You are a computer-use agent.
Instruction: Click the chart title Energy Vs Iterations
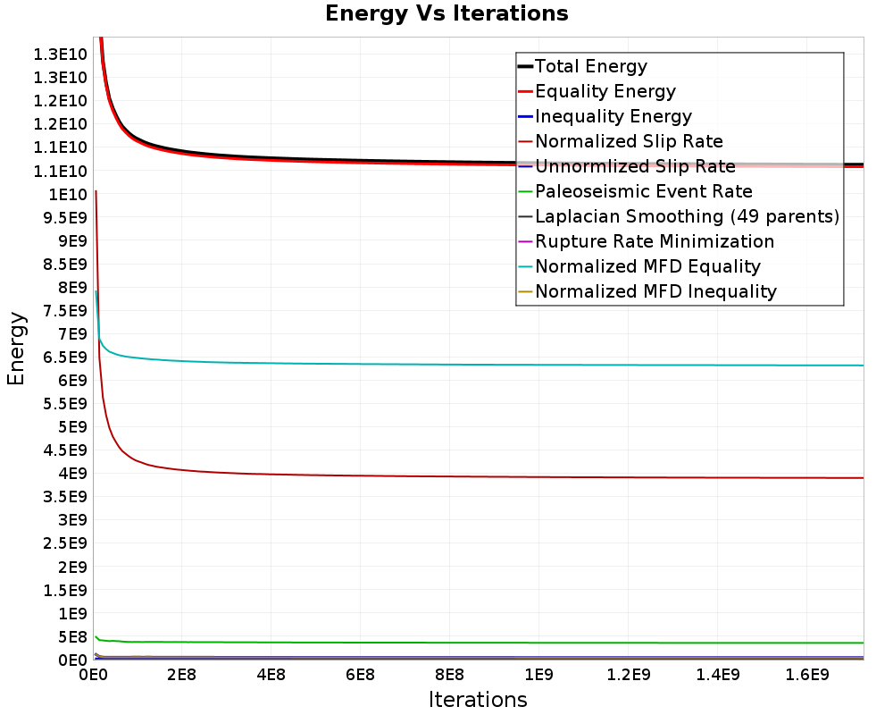tap(446, 13)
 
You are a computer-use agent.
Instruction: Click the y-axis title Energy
tap(16, 349)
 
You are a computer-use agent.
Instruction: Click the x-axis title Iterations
tap(478, 699)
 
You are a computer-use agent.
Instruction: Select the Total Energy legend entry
tap(582, 66)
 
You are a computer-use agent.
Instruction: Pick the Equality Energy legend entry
tap(597, 91)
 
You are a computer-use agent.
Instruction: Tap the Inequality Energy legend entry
tap(605, 116)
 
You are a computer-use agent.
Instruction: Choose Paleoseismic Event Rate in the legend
tap(635, 191)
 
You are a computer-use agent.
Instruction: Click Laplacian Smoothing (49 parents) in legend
tap(679, 216)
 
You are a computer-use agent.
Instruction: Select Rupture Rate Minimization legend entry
tap(646, 241)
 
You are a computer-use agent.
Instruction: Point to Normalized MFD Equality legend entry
tap(639, 267)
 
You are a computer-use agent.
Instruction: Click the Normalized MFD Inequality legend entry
tap(647, 292)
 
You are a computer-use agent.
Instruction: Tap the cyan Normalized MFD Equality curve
tap(479, 365)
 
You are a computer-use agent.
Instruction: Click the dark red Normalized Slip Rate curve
tap(479, 476)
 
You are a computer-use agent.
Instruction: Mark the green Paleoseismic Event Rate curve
tap(479, 643)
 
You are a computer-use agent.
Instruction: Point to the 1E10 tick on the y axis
tap(67, 195)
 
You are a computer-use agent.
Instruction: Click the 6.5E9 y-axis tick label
tap(65, 357)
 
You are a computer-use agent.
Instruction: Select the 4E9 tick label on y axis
tap(72, 474)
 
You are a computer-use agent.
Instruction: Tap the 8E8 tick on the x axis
tap(449, 675)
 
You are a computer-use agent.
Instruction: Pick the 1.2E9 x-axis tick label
tap(628, 675)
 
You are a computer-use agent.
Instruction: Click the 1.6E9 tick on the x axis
tap(807, 675)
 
